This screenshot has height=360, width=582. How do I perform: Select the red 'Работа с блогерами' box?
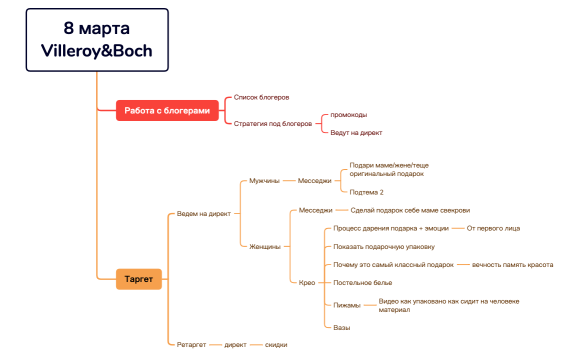167,110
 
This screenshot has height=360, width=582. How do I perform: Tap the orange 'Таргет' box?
139,279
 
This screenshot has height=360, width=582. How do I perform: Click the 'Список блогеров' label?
261,97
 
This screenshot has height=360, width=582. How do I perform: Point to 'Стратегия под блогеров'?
273,123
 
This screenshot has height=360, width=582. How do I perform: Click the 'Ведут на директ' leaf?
355,132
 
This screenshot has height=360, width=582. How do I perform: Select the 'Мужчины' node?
264,181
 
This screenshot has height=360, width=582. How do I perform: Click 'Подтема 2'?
367,191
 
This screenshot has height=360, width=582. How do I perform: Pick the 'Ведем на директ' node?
203,213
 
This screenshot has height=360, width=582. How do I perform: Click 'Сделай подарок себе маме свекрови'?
410,211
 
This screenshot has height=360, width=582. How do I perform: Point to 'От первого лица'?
493,229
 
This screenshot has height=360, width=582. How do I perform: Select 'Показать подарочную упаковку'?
384,246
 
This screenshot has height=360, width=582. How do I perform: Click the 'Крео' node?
307,282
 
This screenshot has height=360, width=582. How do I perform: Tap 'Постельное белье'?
363,282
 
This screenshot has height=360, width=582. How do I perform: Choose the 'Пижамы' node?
346,305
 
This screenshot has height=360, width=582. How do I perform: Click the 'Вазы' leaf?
342,327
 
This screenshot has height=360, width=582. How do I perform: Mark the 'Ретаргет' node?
190,344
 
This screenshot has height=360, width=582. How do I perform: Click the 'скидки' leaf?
276,344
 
